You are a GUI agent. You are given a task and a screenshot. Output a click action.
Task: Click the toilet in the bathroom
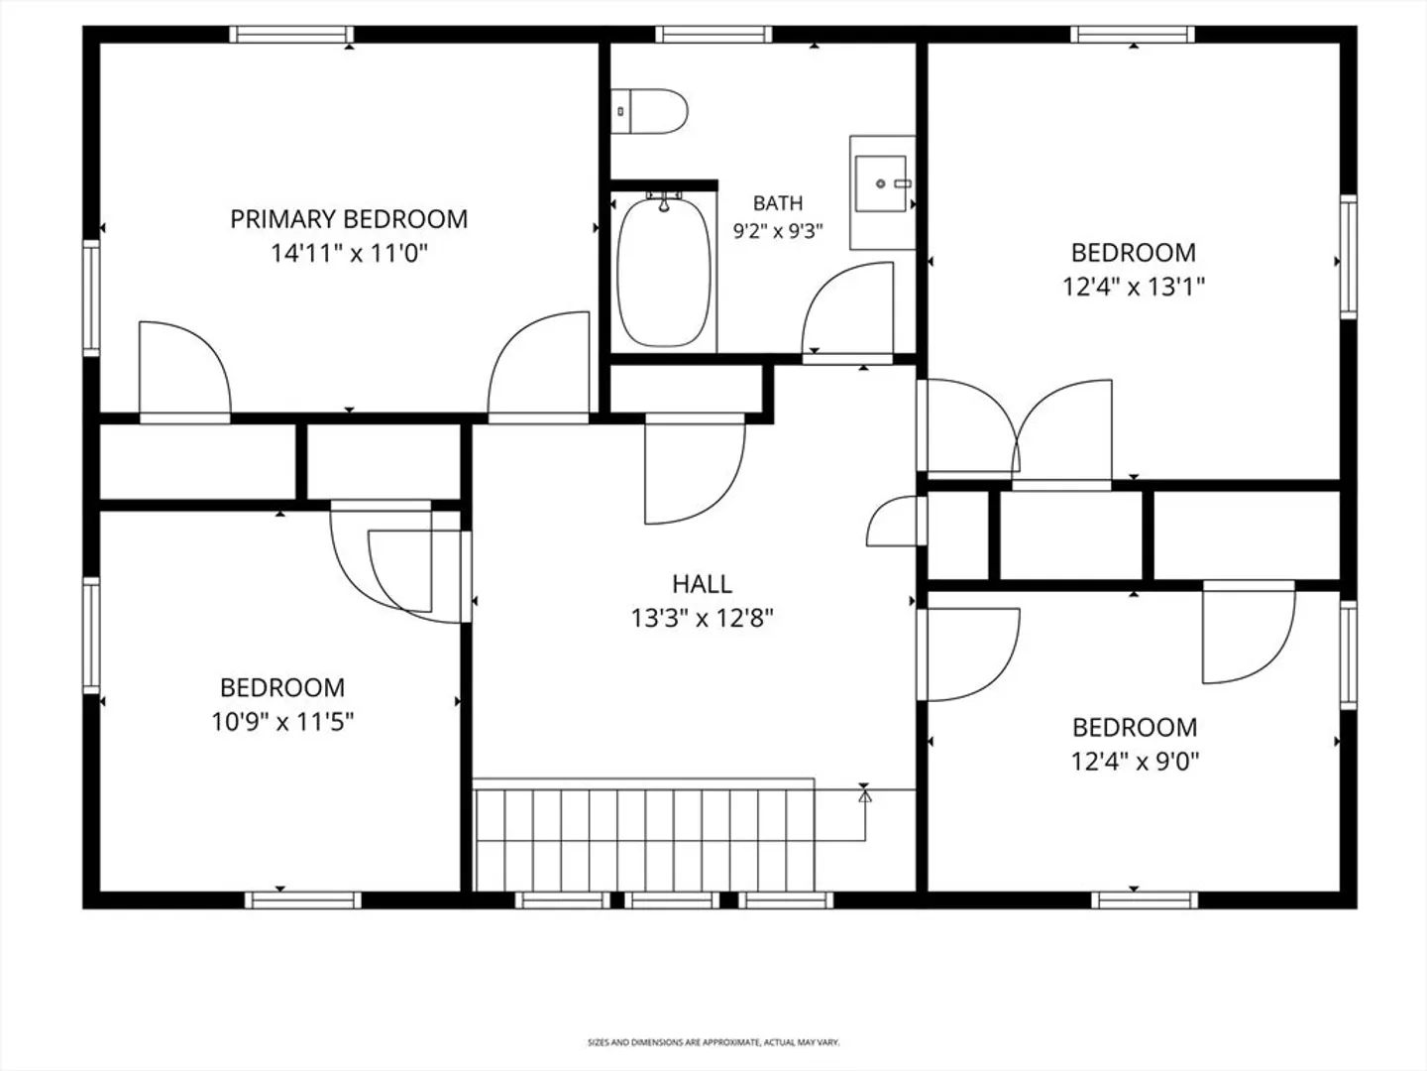point(649,111)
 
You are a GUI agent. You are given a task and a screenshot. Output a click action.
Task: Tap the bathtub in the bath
point(664,272)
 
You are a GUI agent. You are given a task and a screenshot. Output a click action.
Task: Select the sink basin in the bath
point(881,183)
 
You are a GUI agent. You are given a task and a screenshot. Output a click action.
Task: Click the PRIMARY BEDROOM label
point(349,219)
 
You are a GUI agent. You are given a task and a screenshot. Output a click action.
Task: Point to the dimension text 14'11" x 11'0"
point(349,253)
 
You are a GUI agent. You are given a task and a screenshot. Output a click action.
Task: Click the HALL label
point(703,584)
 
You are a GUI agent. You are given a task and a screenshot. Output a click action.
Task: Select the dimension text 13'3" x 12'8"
point(703,618)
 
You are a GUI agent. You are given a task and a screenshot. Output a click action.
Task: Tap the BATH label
point(778,203)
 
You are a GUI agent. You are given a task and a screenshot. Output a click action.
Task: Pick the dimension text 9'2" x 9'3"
point(778,231)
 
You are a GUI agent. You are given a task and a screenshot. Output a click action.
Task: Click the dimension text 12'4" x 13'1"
point(1134,287)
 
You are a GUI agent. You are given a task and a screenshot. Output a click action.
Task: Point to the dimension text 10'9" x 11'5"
point(282,722)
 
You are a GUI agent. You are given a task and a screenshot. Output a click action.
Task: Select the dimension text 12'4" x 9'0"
point(1135,762)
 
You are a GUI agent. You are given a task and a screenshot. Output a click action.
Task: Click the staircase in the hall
point(643,835)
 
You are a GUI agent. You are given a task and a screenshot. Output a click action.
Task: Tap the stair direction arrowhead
point(865,795)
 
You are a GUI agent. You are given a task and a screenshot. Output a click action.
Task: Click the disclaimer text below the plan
point(713,1042)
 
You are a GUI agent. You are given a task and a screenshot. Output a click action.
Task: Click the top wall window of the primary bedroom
point(291,35)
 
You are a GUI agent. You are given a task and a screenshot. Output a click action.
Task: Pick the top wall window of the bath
point(713,35)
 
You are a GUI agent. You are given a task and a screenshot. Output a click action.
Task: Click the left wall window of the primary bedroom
point(91,297)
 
